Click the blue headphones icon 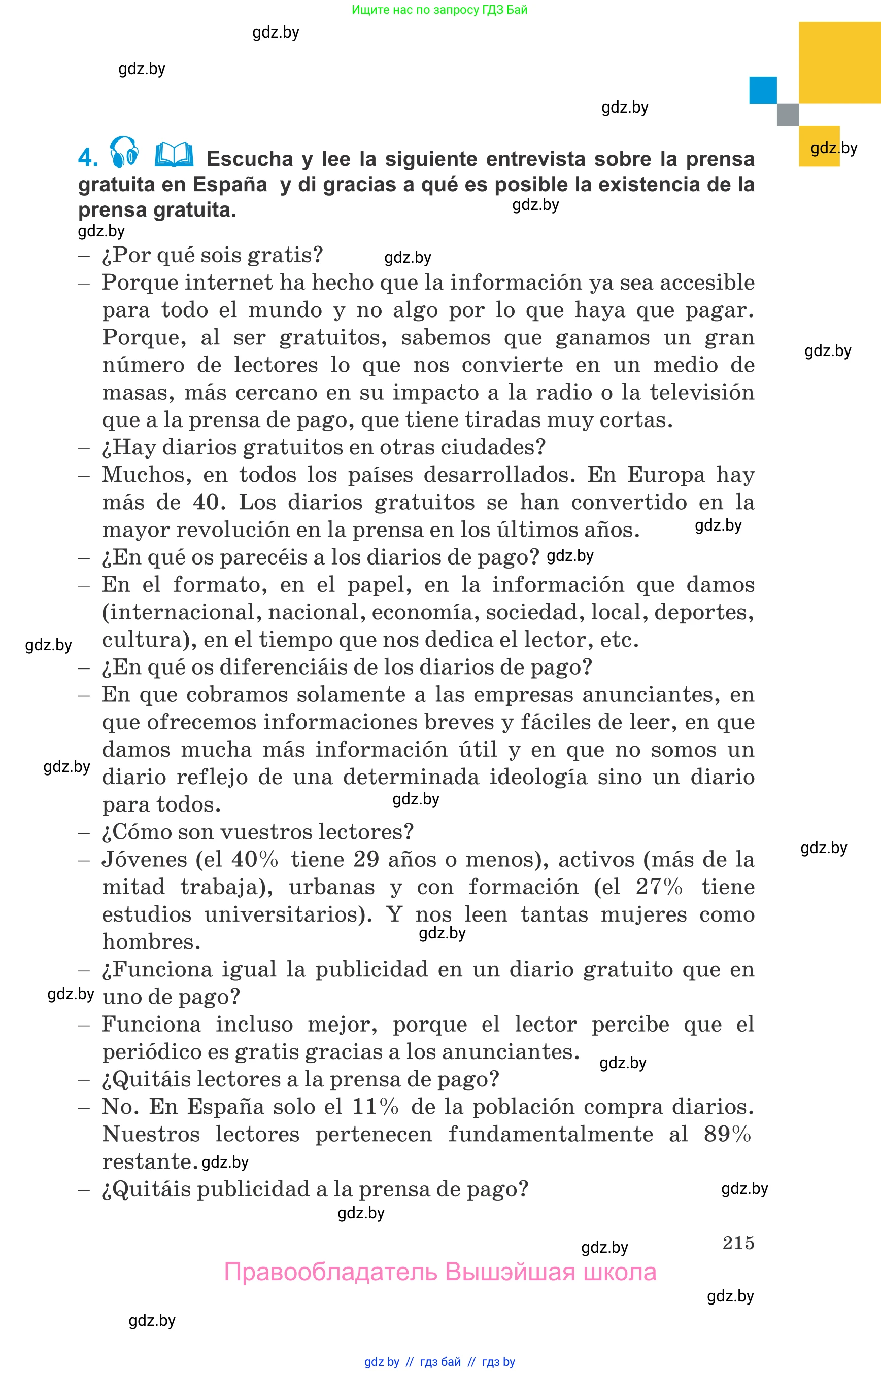pyautogui.click(x=124, y=153)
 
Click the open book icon pyautogui.click(x=174, y=154)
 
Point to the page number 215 pyautogui.click(x=738, y=1243)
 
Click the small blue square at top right pyautogui.click(x=763, y=90)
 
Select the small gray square pyautogui.click(x=787, y=114)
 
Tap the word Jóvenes pyautogui.click(x=144, y=859)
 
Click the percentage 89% pyautogui.click(x=727, y=1135)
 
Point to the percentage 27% pyautogui.click(x=659, y=887)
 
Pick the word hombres pyautogui.click(x=151, y=942)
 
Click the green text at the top pyautogui.click(x=439, y=10)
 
